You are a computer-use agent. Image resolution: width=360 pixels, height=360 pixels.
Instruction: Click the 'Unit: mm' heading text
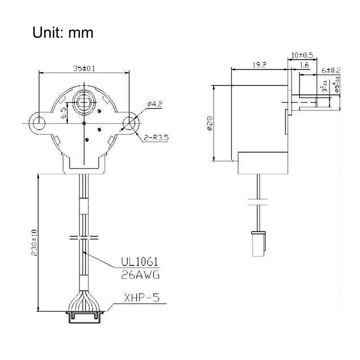tap(63, 33)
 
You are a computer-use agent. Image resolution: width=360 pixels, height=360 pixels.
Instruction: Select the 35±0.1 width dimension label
tap(85, 68)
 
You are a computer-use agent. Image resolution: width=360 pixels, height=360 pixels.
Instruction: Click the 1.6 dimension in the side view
tap(303, 65)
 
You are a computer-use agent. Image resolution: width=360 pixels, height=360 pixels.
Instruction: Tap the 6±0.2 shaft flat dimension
tap(331, 71)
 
